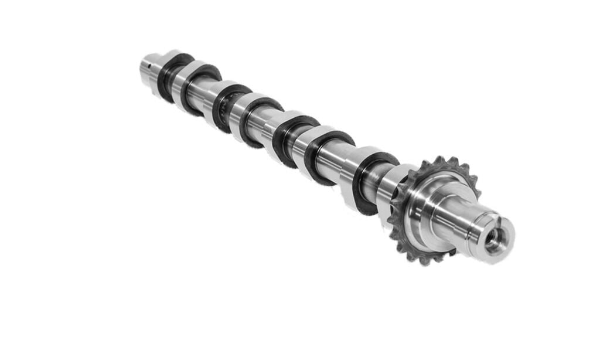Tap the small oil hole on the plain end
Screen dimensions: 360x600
[151, 58]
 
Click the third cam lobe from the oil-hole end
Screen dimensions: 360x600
[226, 106]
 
